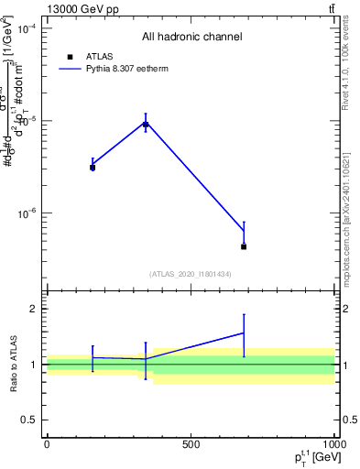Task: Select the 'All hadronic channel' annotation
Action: [191, 37]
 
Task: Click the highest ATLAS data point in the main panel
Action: [146, 125]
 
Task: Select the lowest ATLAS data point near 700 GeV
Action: [244, 246]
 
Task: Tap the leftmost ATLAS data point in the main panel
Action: [93, 168]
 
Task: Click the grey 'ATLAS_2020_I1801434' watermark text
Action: [191, 274]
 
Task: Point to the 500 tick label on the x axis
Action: [190, 444]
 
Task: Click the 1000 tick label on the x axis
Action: [332, 444]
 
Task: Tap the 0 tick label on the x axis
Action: [47, 444]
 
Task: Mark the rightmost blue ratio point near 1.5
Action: [244, 333]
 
